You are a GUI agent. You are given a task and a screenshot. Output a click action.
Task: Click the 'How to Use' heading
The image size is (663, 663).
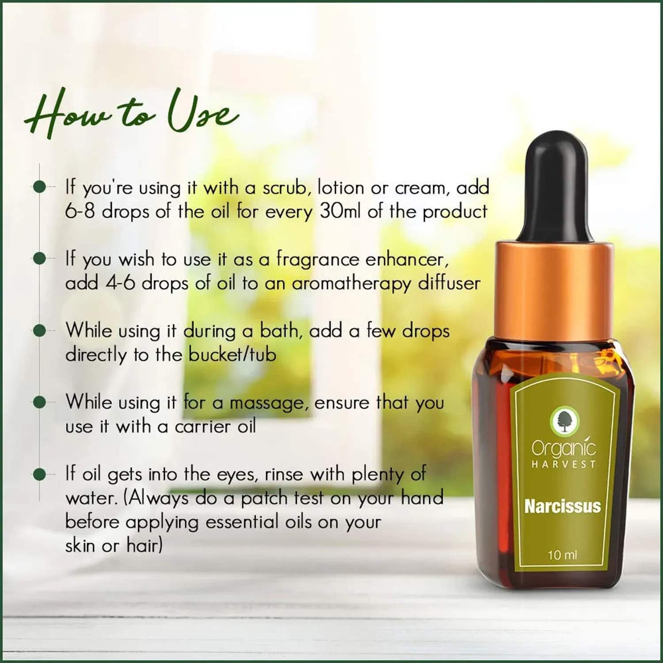[131, 112]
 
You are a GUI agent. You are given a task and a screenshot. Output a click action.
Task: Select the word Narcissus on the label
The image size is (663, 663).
[562, 506]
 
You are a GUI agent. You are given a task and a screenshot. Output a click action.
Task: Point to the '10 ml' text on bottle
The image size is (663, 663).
[562, 555]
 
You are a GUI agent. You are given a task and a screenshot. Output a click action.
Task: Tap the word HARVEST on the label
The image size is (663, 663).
[564, 464]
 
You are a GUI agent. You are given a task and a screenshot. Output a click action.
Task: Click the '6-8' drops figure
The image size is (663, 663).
[80, 211]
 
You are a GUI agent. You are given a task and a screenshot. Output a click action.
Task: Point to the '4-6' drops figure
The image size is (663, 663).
[120, 283]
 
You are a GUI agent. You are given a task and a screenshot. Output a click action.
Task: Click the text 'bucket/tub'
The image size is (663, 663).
[232, 354]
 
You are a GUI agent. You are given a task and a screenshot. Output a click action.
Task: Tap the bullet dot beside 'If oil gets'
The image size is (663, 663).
[40, 474]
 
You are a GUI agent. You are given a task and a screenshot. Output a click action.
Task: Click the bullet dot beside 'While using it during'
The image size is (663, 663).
[40, 331]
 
